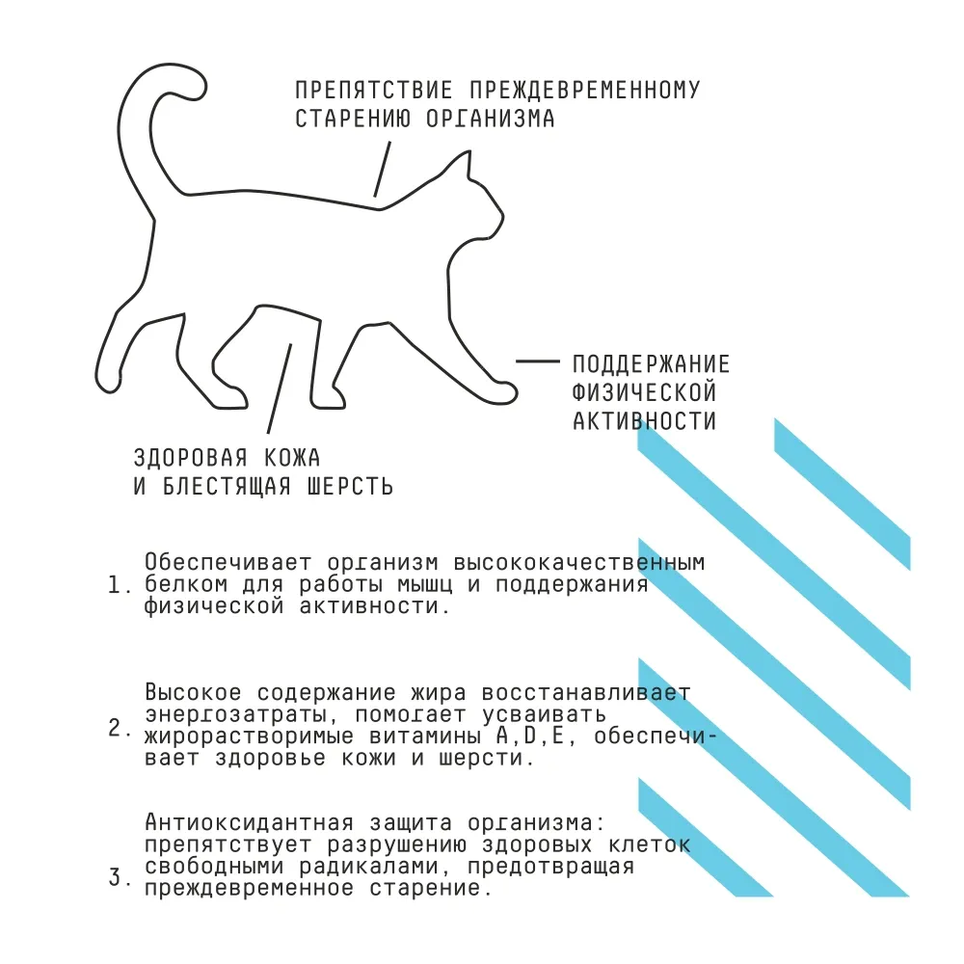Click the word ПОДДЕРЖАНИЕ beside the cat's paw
(651, 364)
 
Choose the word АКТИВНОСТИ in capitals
(644, 421)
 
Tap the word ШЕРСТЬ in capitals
(346, 486)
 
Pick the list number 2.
(117, 728)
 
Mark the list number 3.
(117, 878)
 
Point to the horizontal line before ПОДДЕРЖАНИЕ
(537, 361)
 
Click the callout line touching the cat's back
(382, 170)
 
